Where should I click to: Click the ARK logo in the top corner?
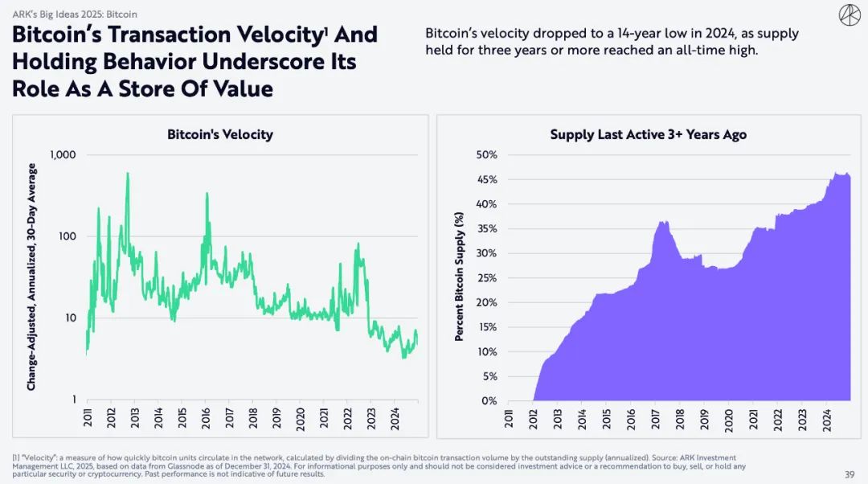(849, 15)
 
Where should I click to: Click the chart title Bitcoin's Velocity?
(219, 134)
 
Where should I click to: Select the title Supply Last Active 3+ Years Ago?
(648, 134)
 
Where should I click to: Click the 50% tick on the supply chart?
(486, 154)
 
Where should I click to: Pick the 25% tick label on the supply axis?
(486, 277)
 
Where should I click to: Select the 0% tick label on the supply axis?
(489, 400)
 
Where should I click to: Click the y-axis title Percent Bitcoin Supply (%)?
(459, 277)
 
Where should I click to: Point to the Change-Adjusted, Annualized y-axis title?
(31, 277)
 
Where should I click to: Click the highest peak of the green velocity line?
(127, 174)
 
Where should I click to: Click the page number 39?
(850, 474)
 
